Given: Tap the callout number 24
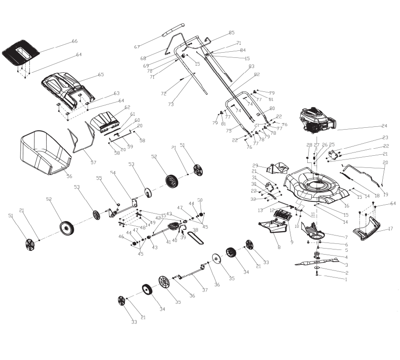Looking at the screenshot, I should point(384,126).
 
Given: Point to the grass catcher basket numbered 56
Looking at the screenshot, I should point(44,152).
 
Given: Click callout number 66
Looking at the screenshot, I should point(75,42).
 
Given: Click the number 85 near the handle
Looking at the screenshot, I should point(231,33).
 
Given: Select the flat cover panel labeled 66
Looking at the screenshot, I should point(21,52).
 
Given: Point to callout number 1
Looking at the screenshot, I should point(346,279).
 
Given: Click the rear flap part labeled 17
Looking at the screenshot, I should point(371,229).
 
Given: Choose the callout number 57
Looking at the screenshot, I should point(93,162).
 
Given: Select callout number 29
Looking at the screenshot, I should point(255,166).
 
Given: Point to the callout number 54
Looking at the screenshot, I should point(112,173).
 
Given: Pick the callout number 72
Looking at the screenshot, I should point(164,94).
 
